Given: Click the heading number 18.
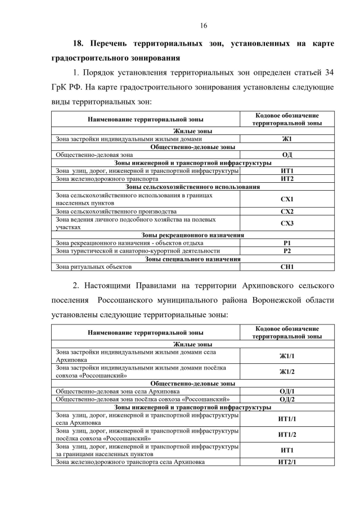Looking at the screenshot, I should (80, 43).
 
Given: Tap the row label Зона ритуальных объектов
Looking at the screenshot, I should (93, 267).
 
